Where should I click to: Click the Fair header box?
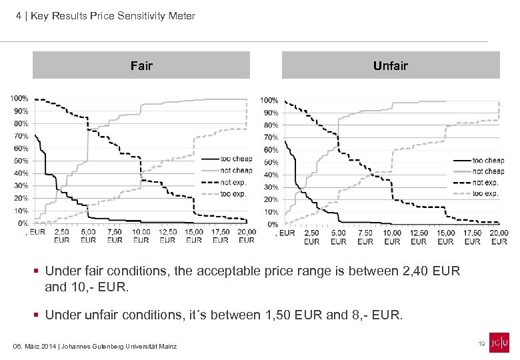(x=141, y=65)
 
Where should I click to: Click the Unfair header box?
(x=390, y=65)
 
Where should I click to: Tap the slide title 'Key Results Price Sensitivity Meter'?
(x=113, y=15)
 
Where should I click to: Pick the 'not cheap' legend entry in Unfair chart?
(x=488, y=171)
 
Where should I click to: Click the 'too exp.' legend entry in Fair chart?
(x=233, y=193)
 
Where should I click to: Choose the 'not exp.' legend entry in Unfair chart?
(x=486, y=182)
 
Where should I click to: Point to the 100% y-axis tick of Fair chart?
(x=19, y=99)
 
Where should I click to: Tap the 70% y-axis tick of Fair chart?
(x=21, y=136)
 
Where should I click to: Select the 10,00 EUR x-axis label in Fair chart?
(x=141, y=235)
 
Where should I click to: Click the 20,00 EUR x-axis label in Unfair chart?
(x=498, y=237)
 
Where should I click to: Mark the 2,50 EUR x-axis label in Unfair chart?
(x=312, y=237)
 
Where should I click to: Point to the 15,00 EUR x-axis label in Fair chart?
(x=193, y=235)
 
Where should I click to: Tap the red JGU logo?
(x=499, y=342)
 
